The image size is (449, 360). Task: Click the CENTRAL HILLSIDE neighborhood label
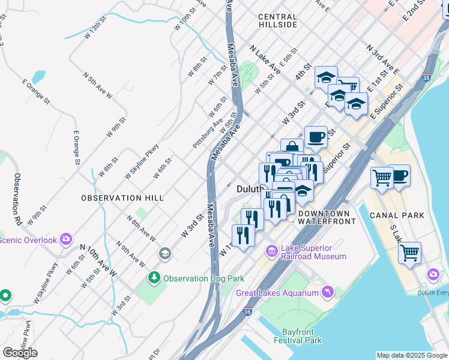tap(277, 21)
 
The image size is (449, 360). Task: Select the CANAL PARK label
tap(397, 215)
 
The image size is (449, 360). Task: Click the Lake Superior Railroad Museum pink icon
tap(271, 250)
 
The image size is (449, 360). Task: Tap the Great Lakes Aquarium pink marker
tap(327, 292)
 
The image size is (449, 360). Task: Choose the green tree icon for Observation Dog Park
tap(154, 278)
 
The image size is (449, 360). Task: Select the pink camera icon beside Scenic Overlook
tap(66, 240)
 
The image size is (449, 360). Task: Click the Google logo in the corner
tap(20, 352)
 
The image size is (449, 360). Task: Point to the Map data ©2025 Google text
tap(411, 355)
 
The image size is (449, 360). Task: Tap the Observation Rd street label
tap(18, 199)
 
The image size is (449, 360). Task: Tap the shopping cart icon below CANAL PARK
tap(409, 253)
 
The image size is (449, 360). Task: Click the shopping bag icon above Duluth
tap(291, 147)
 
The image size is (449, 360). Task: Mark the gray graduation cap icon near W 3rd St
tap(164, 254)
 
